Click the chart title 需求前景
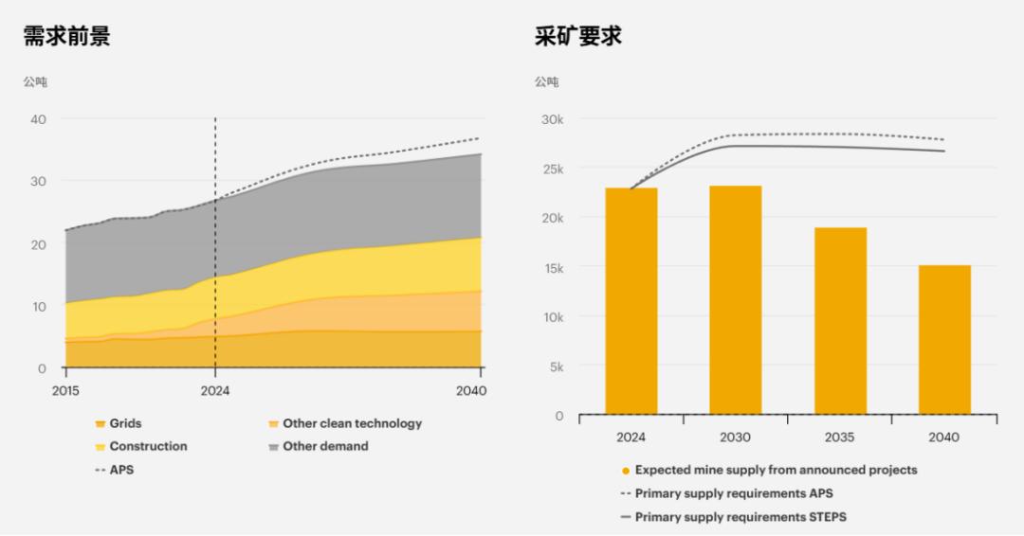[x=66, y=37]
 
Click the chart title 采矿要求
[x=578, y=37]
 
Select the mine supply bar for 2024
[x=631, y=301]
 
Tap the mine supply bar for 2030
[x=736, y=300]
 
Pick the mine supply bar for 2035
[x=840, y=321]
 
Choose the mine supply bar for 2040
[x=944, y=340]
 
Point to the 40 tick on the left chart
[x=39, y=119]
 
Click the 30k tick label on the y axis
[x=551, y=119]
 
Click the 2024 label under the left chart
[x=215, y=391]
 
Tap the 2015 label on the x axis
[x=65, y=391]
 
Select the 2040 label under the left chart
[x=471, y=391]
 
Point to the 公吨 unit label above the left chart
[x=35, y=82]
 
